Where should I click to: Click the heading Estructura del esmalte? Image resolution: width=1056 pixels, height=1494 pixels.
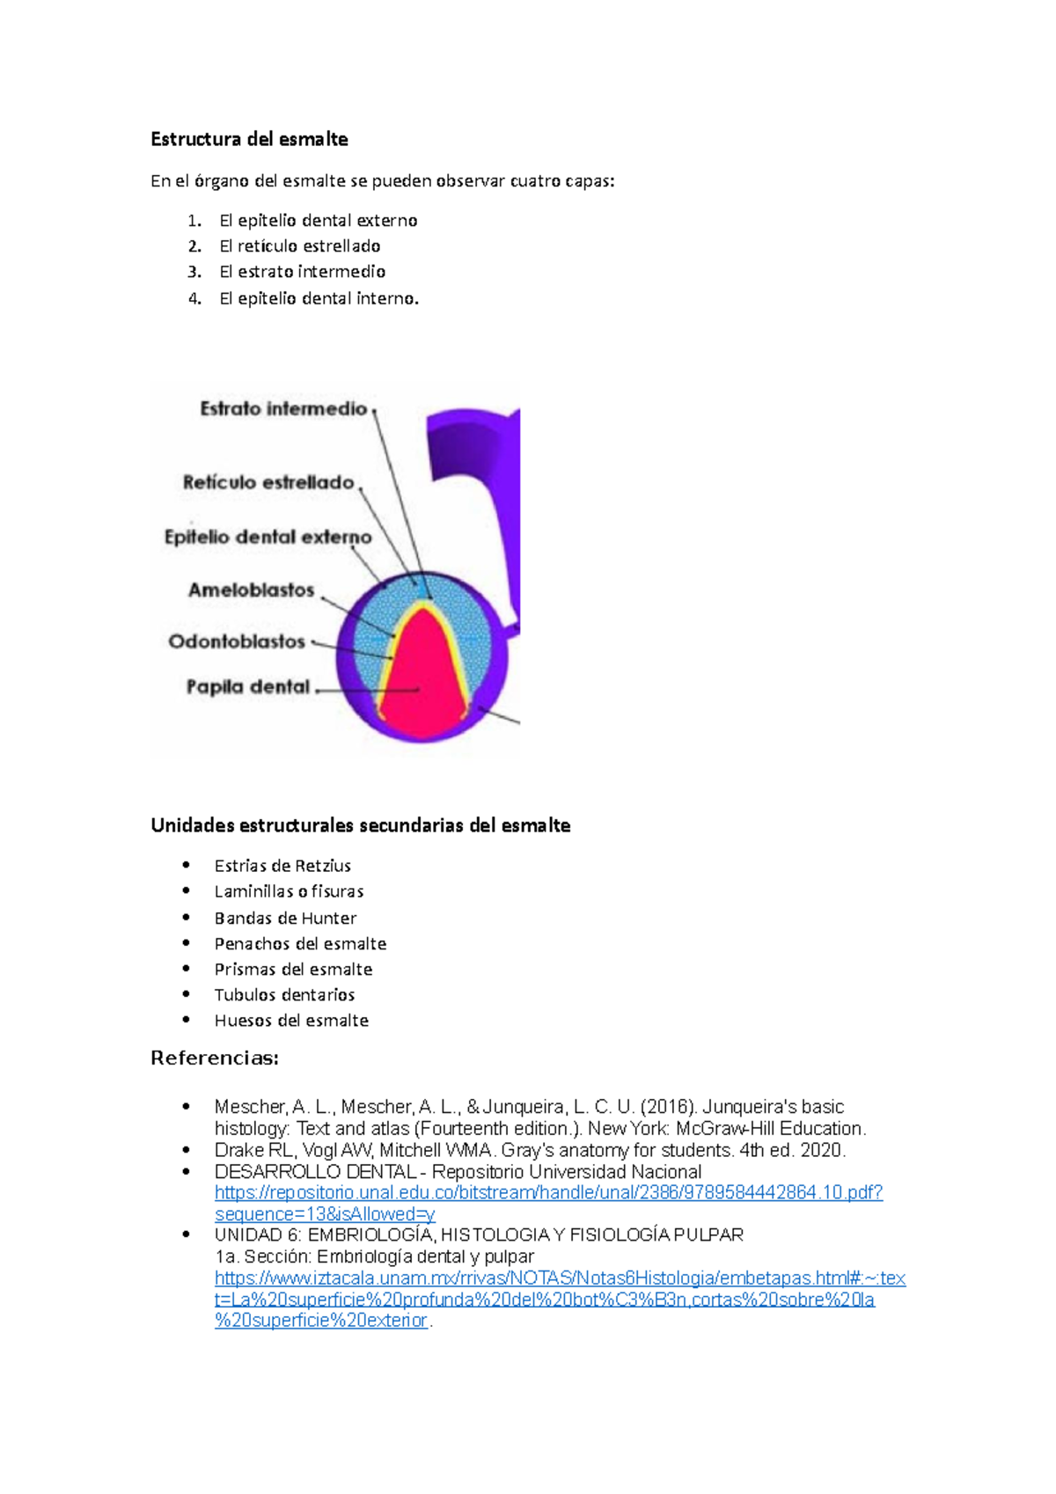(249, 139)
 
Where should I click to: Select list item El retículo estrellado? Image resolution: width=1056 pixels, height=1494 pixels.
(299, 246)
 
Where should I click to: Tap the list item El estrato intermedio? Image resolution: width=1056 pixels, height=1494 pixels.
(302, 272)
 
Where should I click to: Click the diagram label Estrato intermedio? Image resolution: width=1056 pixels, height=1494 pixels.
(283, 408)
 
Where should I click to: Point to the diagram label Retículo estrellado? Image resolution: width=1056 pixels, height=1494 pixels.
(268, 482)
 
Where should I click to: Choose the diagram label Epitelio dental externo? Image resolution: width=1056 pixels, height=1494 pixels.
(268, 537)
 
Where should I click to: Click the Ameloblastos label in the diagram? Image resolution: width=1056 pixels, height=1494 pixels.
(252, 590)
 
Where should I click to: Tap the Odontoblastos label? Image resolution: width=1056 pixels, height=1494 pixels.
(237, 641)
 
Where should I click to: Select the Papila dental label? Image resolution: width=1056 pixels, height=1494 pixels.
(248, 686)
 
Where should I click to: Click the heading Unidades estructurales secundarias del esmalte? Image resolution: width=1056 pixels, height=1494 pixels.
(361, 825)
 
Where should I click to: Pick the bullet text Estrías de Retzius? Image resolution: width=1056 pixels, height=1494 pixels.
(282, 866)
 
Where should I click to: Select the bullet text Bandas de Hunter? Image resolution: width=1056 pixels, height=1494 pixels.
(285, 919)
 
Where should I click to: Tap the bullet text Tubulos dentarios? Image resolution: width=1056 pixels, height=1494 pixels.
(284, 995)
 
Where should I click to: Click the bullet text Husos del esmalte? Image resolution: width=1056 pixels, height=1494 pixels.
(291, 1021)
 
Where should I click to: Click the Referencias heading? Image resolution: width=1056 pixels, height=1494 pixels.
(215, 1058)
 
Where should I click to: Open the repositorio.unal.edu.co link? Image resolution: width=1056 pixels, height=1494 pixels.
(548, 1193)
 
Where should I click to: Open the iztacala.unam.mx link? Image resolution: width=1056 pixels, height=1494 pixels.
(560, 1278)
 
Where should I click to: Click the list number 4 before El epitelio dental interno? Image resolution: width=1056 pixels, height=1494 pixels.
(194, 299)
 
